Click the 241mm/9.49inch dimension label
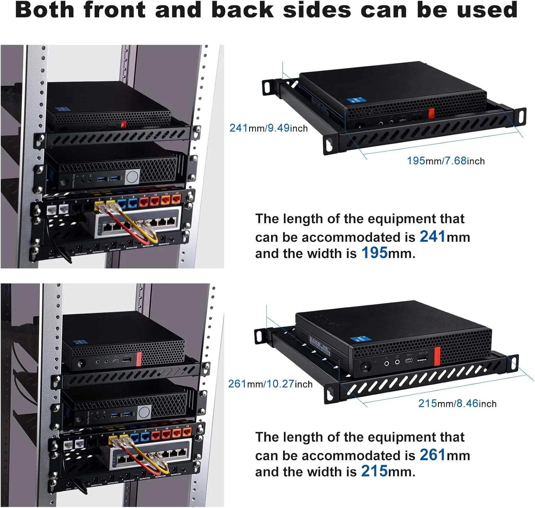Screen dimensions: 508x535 click(268, 128)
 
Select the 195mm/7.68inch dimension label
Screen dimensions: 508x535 click(445, 161)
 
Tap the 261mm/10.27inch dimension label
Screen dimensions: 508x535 click(270, 384)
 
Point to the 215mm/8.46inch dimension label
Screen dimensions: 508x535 click(457, 403)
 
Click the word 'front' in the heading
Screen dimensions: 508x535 click(114, 10)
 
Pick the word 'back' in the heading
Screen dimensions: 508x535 click(242, 10)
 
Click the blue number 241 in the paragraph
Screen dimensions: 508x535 click(432, 236)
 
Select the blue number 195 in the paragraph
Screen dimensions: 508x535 click(374, 253)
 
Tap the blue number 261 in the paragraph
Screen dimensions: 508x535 click(432, 455)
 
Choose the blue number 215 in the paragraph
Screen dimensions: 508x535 click(374, 471)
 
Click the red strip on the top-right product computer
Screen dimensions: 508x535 click(431, 114)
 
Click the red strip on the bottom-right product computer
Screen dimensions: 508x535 click(437, 355)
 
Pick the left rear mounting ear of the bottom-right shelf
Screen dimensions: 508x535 click(260, 337)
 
